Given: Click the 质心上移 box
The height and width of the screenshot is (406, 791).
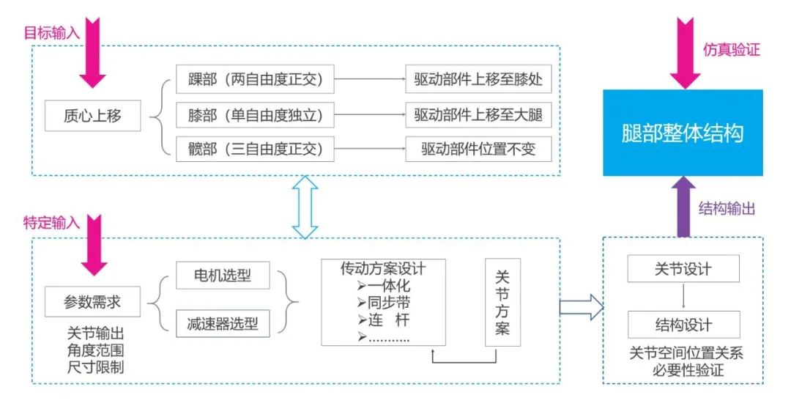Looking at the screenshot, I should (93, 115).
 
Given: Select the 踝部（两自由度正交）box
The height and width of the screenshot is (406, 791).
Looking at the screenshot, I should (255, 78).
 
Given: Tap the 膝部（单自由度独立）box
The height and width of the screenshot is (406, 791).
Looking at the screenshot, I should (255, 114).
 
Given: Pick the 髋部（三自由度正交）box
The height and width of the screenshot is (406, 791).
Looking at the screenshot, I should (255, 149).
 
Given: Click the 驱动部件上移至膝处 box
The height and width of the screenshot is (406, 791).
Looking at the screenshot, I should (478, 78).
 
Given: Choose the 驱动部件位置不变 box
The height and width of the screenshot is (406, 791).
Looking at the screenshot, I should (478, 149).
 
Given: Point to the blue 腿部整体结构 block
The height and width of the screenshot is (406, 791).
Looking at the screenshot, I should (683, 133).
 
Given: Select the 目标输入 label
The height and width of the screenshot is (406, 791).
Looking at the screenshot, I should (52, 34).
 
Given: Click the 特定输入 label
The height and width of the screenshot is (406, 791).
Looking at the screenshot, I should (52, 223).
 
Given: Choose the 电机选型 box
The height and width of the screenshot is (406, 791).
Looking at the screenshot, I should (223, 276).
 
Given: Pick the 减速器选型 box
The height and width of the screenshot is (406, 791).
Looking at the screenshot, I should (223, 322).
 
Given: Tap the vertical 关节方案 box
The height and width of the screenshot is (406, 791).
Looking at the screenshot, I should (502, 302).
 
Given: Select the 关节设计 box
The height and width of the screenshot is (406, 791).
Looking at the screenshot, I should (683, 269).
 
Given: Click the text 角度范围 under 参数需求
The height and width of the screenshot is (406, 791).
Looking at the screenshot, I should (93, 350).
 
